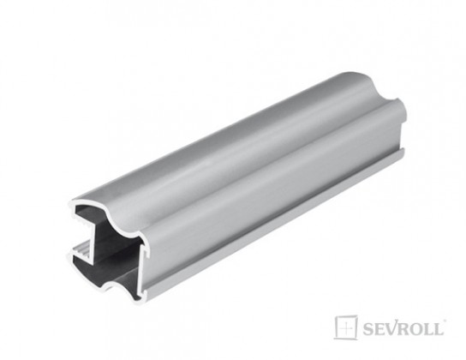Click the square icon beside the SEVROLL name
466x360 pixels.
tap(345, 327)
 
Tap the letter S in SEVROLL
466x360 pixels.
tap(367, 328)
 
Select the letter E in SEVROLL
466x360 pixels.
tap(379, 328)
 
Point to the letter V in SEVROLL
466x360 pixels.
tap(391, 328)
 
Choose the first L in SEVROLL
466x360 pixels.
tap(431, 328)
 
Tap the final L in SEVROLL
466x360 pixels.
tap(442, 328)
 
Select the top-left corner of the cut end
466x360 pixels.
tap(72, 207)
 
